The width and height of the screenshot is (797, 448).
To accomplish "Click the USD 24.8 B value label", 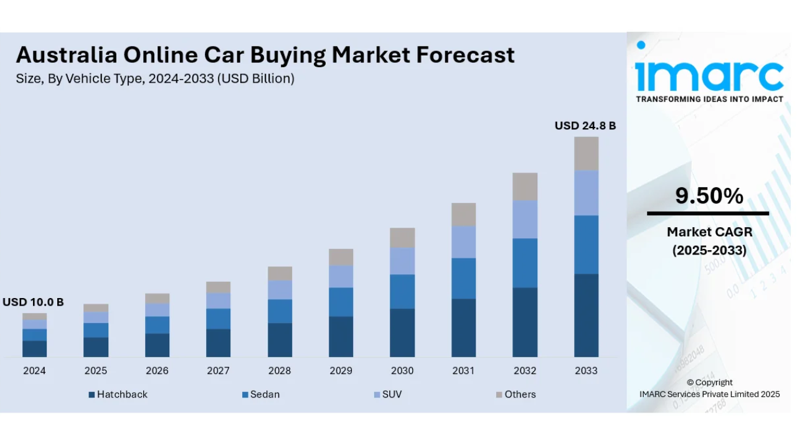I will (585, 126).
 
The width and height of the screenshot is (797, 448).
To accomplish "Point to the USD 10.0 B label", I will (33, 302).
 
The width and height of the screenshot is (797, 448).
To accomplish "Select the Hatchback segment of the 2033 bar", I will (586, 315).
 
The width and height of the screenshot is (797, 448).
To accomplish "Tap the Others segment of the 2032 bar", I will (525, 187).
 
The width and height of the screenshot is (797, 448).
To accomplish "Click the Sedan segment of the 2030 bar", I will (402, 291).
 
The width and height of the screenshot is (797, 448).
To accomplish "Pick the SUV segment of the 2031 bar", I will (463, 241).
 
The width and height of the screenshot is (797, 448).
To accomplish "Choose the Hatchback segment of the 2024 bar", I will (35, 348).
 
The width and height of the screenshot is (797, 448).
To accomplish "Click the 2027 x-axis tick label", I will (218, 371).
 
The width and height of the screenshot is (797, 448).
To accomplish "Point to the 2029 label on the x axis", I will (341, 371).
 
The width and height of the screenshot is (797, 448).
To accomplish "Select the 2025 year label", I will (96, 371).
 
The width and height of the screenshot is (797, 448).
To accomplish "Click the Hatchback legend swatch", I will (92, 394).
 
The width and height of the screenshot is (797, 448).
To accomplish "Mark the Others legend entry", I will (515, 394).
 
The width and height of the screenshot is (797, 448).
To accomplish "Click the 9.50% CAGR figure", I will (709, 197).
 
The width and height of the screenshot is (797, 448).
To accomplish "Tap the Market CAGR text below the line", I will (709, 232).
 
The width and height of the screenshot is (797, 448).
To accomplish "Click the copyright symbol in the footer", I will (690, 383).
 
